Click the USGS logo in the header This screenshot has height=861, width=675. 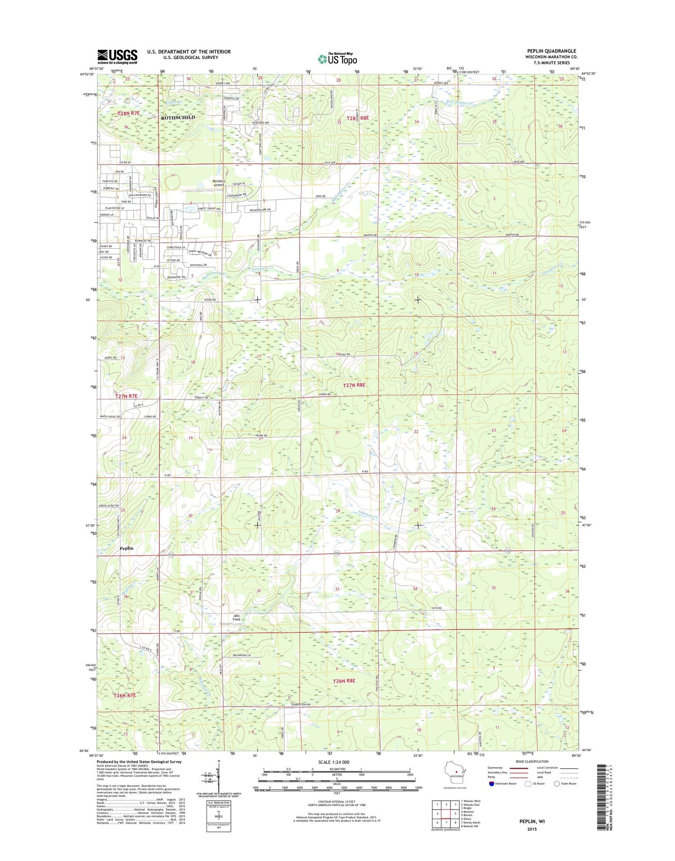[117, 57]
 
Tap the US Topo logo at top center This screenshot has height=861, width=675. [337, 59]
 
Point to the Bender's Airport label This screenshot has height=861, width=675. [219, 183]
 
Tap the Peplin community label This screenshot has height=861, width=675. [126, 548]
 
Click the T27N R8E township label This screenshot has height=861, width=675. [354, 385]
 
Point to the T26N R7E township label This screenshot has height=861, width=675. [125, 695]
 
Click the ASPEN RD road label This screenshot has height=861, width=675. [324, 394]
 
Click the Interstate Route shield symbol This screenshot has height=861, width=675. [491, 784]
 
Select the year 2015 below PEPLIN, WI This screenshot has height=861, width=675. [531, 829]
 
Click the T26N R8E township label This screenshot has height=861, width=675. [344, 680]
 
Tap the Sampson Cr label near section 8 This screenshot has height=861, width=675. [262, 268]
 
